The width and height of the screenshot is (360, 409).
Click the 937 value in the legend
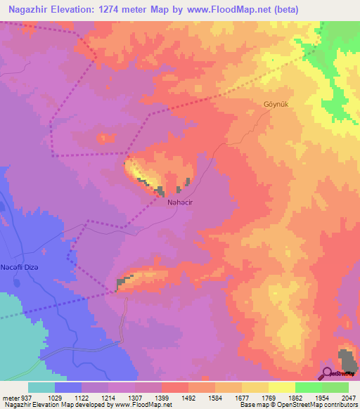pos(21,398)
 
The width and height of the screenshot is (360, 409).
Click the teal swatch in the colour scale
pos(41,387)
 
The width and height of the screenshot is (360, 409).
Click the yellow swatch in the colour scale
pos(281,387)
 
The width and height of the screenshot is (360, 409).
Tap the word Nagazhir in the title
pos(28,10)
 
